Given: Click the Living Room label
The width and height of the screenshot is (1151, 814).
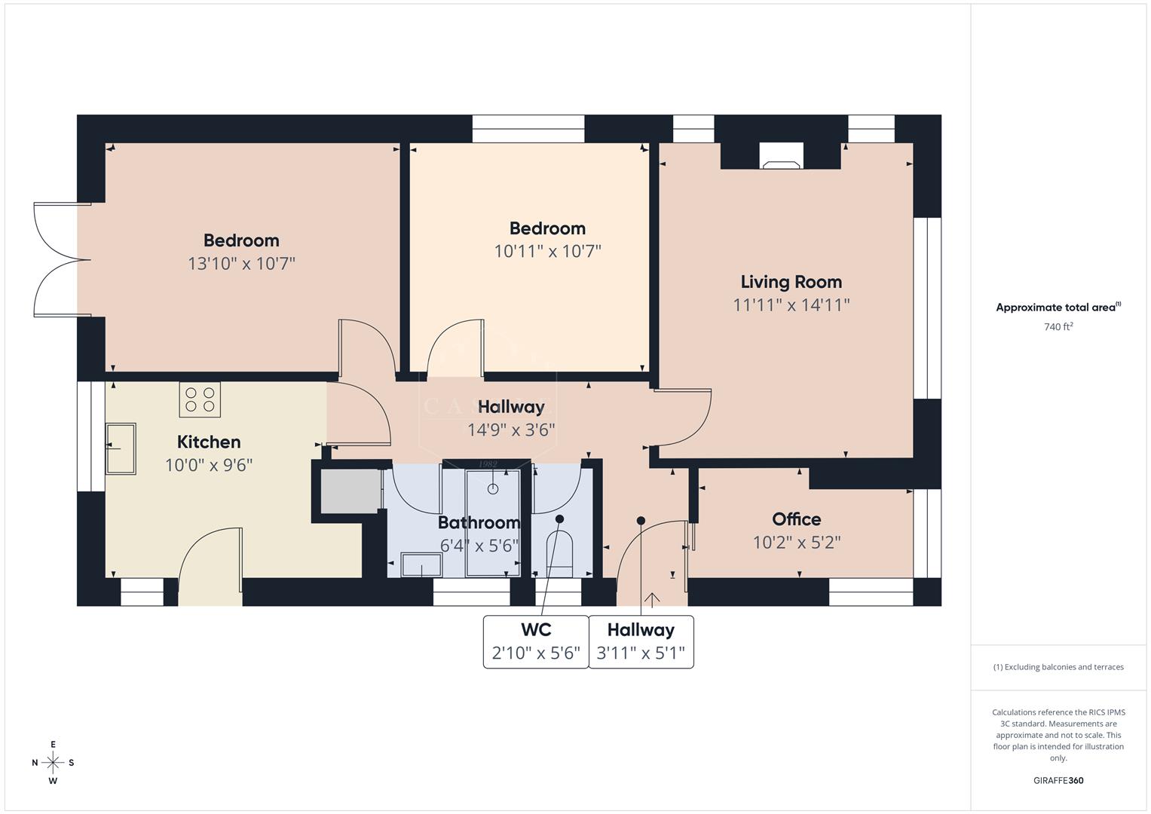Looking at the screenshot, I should (791, 282).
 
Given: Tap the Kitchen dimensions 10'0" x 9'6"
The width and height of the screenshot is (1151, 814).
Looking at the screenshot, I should (209, 465).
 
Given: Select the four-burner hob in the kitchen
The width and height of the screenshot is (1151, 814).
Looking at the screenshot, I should (200, 399).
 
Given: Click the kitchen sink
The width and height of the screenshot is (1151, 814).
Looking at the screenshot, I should (121, 448).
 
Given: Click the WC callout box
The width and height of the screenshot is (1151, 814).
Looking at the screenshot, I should (535, 641).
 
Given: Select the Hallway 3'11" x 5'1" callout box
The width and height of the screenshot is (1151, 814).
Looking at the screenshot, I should (641, 641).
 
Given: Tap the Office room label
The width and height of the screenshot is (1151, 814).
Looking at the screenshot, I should (796, 519).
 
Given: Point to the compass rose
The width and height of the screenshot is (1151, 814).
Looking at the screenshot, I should (53, 763).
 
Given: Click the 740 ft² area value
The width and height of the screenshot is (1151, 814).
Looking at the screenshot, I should (1058, 327).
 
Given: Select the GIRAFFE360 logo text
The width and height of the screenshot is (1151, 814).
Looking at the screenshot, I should (1058, 780).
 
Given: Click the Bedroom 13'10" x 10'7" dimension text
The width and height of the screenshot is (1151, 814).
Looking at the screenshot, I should (241, 264).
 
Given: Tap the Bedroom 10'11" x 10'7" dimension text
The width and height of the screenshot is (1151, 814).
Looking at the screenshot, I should (547, 251).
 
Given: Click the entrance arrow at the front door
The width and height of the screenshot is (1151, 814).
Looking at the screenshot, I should (652, 599).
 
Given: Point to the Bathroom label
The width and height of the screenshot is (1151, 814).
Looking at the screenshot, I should (479, 522).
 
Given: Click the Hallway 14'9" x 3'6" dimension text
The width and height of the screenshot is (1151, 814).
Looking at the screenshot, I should (511, 430).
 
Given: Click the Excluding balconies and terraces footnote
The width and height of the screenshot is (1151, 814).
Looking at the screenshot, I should (1058, 667).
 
